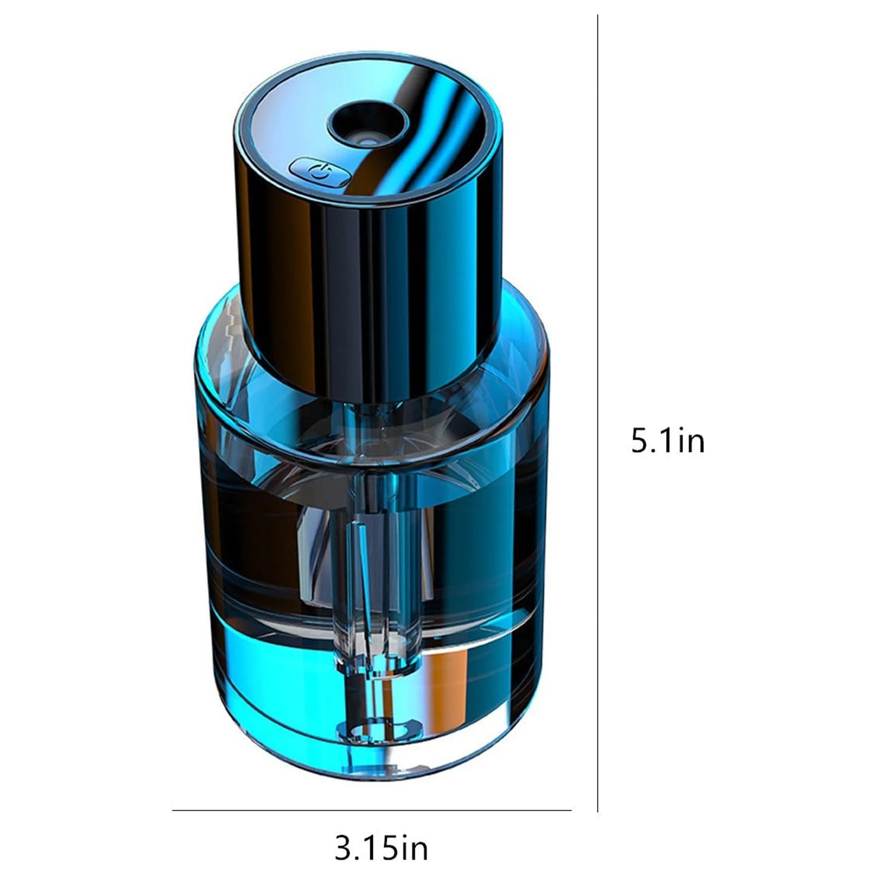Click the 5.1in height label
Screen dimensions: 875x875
[x=667, y=440]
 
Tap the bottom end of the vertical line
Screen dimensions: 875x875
[x=598, y=810]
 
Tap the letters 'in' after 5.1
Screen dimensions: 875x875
[x=691, y=440]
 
